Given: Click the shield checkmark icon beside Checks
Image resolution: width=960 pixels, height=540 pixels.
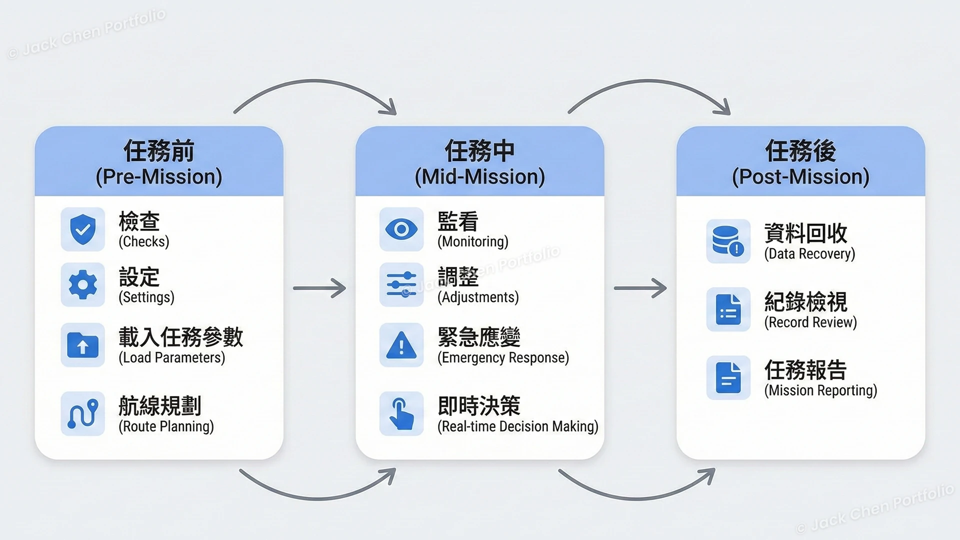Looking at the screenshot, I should (82, 229).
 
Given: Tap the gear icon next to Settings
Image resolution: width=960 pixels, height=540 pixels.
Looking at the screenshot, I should (82, 284).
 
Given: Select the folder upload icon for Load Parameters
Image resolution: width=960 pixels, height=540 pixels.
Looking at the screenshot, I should (82, 345).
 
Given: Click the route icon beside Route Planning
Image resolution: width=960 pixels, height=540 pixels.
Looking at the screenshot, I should (82, 413).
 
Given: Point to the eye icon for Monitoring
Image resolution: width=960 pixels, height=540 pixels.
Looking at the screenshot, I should (401, 229).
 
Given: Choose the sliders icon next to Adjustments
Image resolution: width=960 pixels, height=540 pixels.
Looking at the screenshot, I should (401, 284).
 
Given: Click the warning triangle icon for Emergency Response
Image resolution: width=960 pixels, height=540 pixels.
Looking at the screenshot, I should (401, 345).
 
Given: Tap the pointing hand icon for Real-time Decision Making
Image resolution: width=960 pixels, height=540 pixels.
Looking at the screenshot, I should (401, 413).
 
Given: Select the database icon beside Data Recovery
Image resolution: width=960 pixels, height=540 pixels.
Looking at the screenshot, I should (728, 241).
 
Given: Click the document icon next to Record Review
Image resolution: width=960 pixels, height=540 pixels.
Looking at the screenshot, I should (728, 309).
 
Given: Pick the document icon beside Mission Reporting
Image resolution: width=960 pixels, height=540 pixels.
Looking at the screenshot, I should (728, 377).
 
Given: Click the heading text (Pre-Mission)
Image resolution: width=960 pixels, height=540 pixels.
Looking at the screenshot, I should (159, 177).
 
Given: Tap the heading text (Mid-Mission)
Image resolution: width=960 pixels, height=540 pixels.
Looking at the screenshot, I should (479, 177).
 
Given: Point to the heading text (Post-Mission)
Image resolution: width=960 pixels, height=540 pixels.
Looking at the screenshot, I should (800, 177).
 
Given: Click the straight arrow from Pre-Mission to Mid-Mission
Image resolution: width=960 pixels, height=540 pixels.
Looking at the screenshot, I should (319, 288).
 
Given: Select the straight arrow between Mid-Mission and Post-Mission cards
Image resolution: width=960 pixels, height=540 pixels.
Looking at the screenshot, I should (640, 288).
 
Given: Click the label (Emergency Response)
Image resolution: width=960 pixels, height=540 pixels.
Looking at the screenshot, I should (503, 358).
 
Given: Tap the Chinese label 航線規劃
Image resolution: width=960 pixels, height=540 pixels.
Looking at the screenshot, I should (159, 405).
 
